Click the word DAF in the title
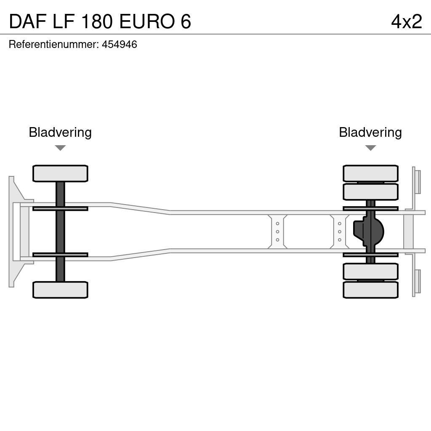[27, 21]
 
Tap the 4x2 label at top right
[406, 21]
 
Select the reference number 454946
[119, 45]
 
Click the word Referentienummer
[53, 45]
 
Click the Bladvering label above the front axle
[60, 132]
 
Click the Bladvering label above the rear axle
[370, 132]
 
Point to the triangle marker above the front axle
[60, 148]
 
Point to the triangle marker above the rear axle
[370, 148]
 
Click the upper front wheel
[60, 173]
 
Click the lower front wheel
[60, 290]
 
